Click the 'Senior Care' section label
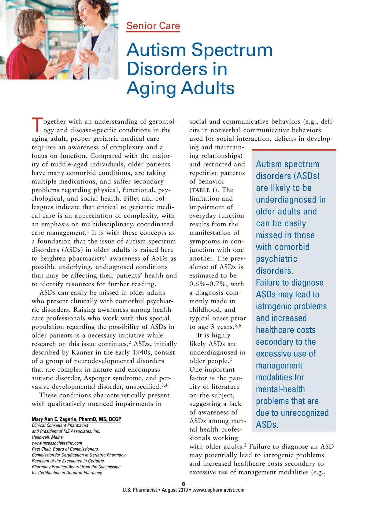pos(153,26)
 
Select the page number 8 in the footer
pos(183,484)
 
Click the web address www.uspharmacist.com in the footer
pos(218,490)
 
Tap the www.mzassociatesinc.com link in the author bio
pos(57,443)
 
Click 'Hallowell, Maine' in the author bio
pos(47,437)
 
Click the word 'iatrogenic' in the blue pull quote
pos(291,306)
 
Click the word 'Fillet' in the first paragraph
pos(132,199)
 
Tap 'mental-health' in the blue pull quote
pos(280,389)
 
